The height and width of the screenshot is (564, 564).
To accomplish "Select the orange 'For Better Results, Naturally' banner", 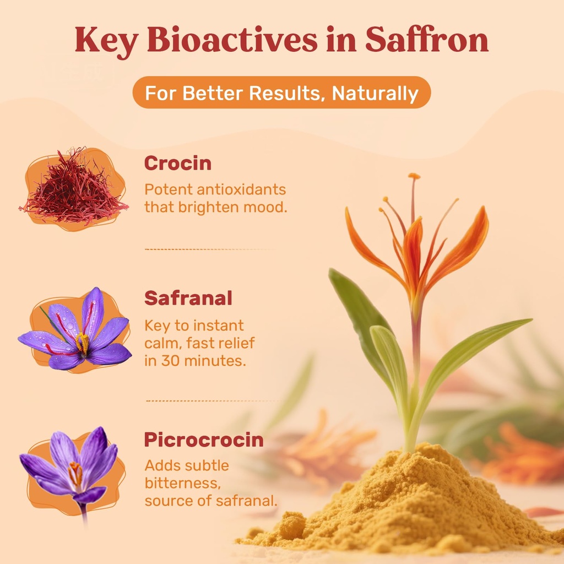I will pyautogui.click(x=281, y=93).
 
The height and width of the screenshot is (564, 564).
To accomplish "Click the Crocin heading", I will pyautogui.click(x=177, y=163).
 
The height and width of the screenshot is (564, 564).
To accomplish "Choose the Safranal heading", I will pyautogui.click(x=188, y=298).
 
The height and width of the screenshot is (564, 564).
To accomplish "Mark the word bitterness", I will pyautogui.click(x=178, y=483).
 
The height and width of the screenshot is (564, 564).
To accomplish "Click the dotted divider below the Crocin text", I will pyautogui.click(x=212, y=249).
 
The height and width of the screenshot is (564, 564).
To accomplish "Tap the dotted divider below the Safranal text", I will pyautogui.click(x=212, y=400).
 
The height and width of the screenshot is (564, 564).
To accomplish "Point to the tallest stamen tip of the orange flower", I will pyautogui.click(x=414, y=177).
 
